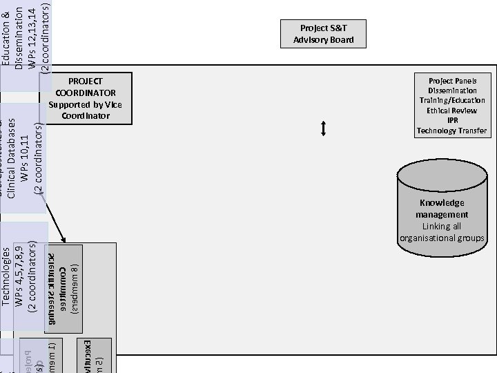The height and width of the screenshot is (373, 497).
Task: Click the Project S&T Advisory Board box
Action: coord(322,34)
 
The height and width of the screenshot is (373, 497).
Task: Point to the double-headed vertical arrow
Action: coord(322,128)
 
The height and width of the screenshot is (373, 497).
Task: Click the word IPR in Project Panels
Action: coord(452,120)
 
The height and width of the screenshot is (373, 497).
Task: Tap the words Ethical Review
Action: coord(452,111)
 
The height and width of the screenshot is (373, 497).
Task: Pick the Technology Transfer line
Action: coord(452,131)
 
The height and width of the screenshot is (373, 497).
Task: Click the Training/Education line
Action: coord(452,100)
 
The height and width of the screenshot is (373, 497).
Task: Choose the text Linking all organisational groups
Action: coord(442,233)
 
